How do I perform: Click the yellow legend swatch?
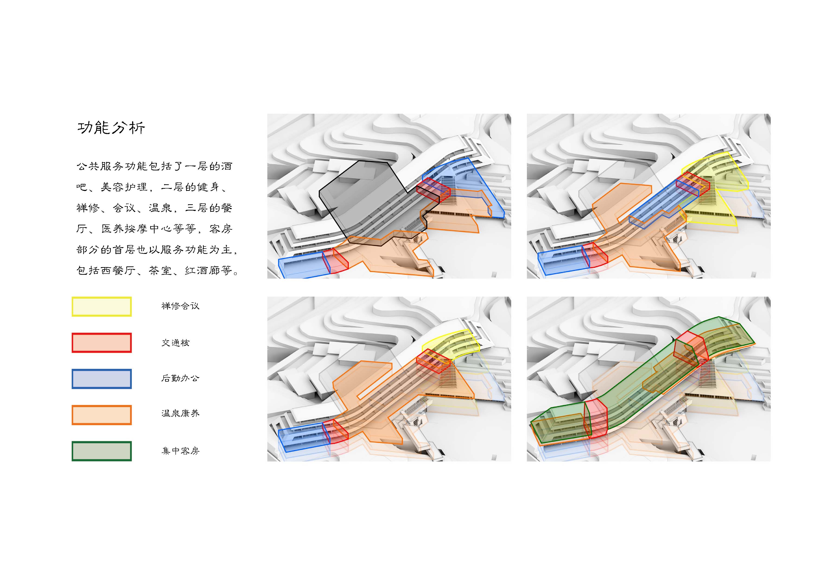point(102,307)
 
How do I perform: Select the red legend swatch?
point(102,343)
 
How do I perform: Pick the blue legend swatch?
point(102,379)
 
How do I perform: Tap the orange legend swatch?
point(102,415)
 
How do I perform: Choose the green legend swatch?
point(102,451)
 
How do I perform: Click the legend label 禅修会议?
point(180,306)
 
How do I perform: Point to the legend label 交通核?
point(176,343)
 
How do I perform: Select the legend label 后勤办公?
point(180,378)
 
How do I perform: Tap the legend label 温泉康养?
point(180,413)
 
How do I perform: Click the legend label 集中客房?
point(180,451)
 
